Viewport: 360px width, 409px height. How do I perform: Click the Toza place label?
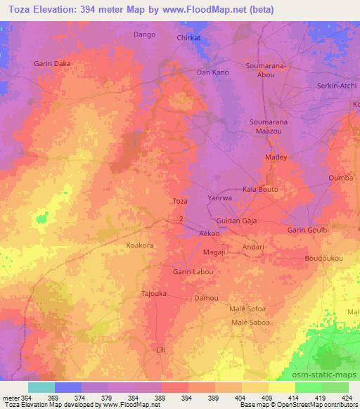180,201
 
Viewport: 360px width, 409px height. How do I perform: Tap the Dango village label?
143,34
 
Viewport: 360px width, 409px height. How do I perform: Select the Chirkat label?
190,38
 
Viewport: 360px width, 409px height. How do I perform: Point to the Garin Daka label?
53,63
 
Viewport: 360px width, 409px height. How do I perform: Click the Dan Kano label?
212,72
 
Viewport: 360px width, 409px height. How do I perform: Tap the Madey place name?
276,157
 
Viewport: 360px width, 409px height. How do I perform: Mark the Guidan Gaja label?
237,221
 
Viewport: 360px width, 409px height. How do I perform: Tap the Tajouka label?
154,294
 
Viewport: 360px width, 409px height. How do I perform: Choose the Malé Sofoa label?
247,309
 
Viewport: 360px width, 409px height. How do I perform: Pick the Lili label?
161,349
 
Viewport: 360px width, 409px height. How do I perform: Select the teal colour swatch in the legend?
41,387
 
